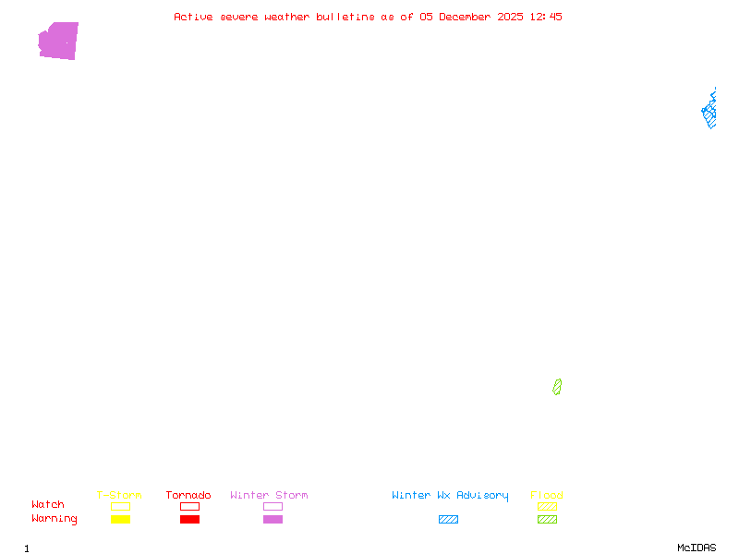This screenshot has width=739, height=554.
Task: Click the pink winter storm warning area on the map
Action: pyautogui.click(x=58, y=42)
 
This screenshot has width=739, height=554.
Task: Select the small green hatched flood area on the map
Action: pyautogui.click(x=557, y=387)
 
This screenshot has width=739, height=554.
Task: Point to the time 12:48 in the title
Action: pyautogui.click(x=545, y=17)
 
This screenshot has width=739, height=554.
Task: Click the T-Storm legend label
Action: pyautogui.click(x=119, y=496)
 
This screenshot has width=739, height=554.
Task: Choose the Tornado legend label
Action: pyautogui.click(x=188, y=496)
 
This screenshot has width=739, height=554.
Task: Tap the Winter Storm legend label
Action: pyautogui.click(x=269, y=496)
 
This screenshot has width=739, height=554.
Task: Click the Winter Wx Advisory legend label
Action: pyautogui.click(x=450, y=496)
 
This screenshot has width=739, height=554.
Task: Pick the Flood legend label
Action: pyautogui.click(x=547, y=496)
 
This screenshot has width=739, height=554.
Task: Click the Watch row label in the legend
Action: pyautogui.click(x=48, y=505)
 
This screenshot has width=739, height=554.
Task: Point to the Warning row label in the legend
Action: pyautogui.click(x=55, y=519)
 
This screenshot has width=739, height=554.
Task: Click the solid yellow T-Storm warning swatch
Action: pyautogui.click(x=120, y=520)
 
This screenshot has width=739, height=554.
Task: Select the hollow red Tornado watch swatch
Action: pyautogui.click(x=189, y=506)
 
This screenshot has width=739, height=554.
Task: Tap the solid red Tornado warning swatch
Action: pyautogui.click(x=189, y=520)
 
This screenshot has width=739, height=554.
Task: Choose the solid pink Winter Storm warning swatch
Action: pyautogui.click(x=273, y=520)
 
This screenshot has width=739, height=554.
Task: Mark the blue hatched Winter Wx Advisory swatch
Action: pyautogui.click(x=448, y=520)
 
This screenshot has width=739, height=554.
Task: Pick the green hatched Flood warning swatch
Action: pyautogui.click(x=547, y=520)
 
